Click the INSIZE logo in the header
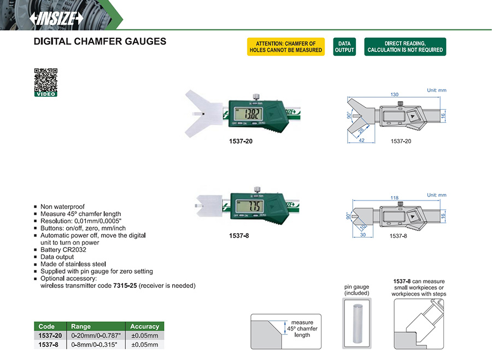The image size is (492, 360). (56, 17)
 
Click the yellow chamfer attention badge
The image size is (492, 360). (286, 47)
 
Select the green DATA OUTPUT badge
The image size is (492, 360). (344, 47)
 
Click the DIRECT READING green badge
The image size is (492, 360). (405, 47)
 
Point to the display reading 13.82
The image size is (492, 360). (251, 115)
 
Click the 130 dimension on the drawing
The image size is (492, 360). (394, 95)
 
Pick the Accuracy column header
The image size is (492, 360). (144, 326)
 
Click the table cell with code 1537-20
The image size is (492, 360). (50, 335)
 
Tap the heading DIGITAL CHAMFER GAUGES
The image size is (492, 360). (99, 42)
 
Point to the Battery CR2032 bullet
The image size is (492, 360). (63, 250)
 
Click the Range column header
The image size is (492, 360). (81, 326)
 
